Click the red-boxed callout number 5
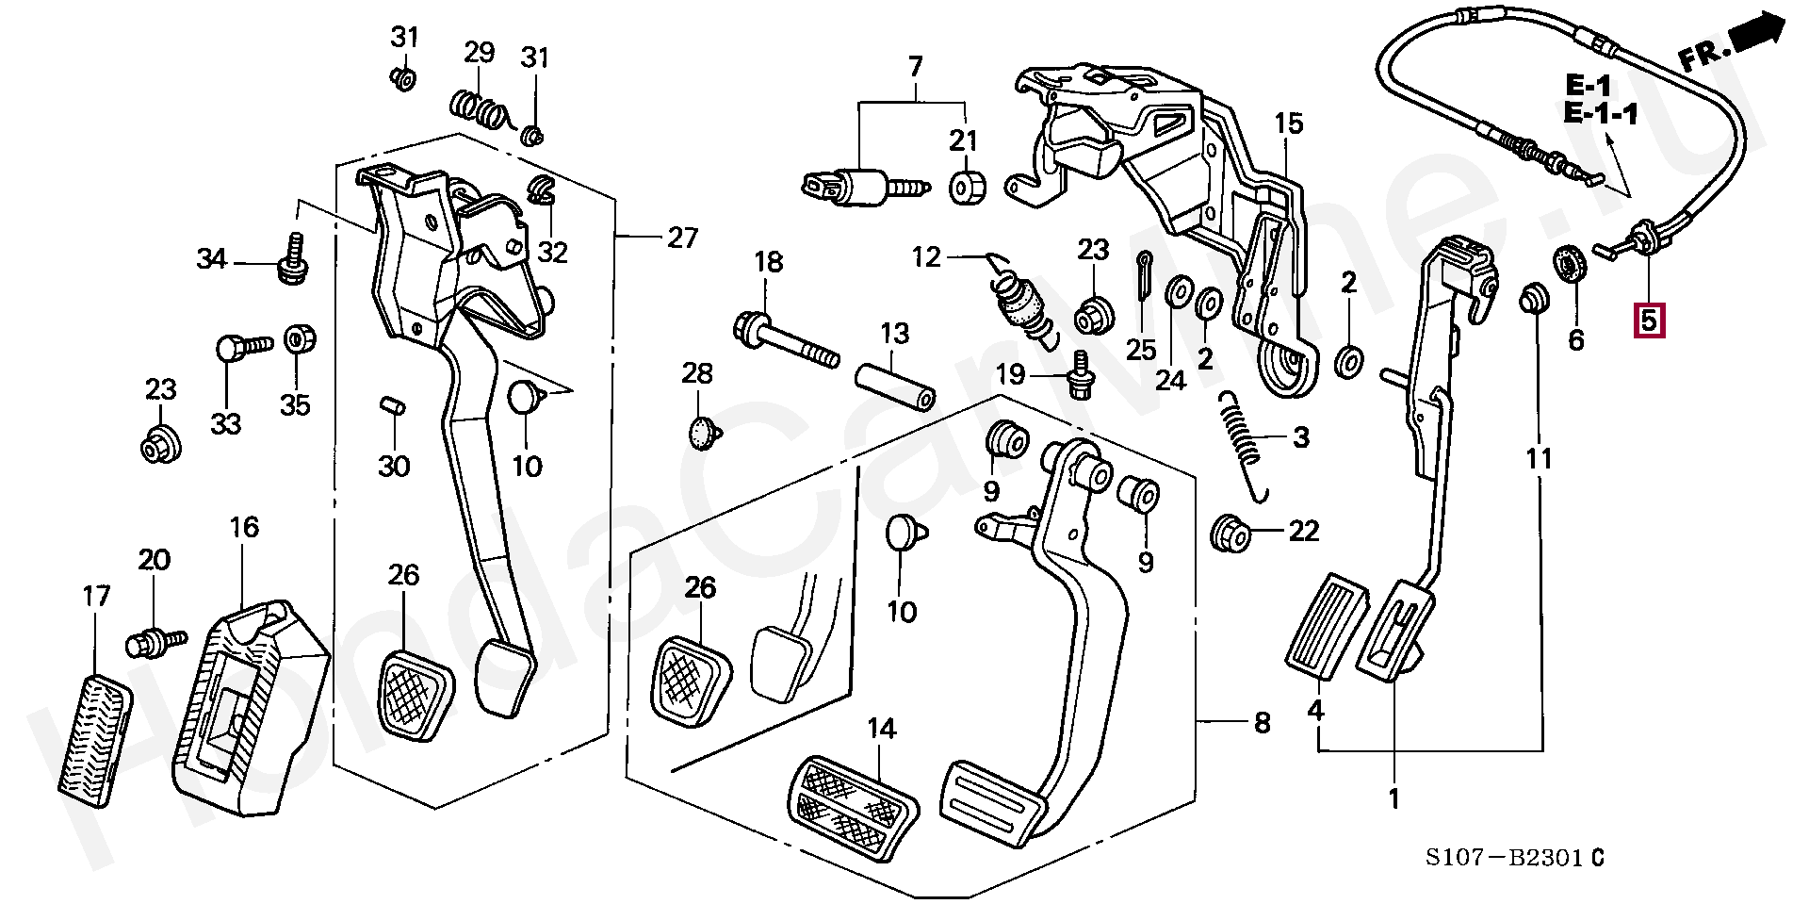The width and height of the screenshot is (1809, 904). point(1648,321)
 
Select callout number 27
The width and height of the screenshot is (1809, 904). point(683,238)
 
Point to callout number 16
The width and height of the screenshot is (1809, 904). point(244,527)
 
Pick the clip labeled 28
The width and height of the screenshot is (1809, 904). point(703,434)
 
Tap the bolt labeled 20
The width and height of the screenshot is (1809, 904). point(150,644)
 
